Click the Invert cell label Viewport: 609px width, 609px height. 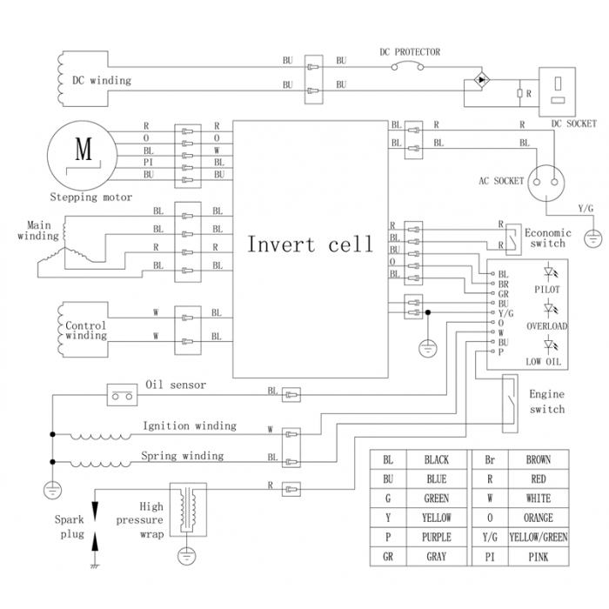(x=310, y=244)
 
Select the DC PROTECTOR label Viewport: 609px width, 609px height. (x=410, y=52)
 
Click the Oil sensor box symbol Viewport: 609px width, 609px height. (x=121, y=395)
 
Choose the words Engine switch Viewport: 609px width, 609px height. (x=546, y=402)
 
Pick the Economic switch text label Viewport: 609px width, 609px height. (x=547, y=238)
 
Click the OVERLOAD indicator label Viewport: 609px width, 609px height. (x=546, y=325)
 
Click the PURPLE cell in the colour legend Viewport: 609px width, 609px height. (x=436, y=538)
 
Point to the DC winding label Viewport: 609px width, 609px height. (x=102, y=81)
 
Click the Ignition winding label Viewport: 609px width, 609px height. (x=190, y=425)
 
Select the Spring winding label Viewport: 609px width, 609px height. (x=182, y=455)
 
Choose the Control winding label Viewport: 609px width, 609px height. (x=86, y=331)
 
